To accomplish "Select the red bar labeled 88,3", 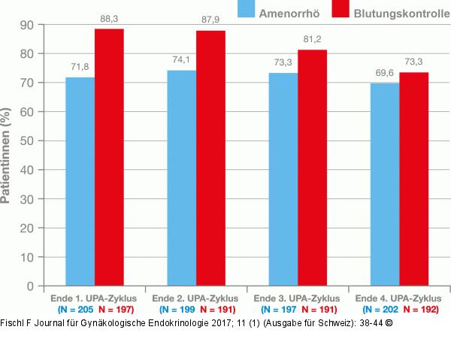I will pos(109,157).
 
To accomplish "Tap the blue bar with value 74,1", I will pos(182,178).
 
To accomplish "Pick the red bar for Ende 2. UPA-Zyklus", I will pos(211,158).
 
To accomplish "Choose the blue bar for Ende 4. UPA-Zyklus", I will pos(385,184).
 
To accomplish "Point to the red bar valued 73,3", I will pos(413,179).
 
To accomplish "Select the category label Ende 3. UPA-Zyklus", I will pos(298,298).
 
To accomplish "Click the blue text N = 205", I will pos(77,310).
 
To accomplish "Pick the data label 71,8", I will pos(80,67).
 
